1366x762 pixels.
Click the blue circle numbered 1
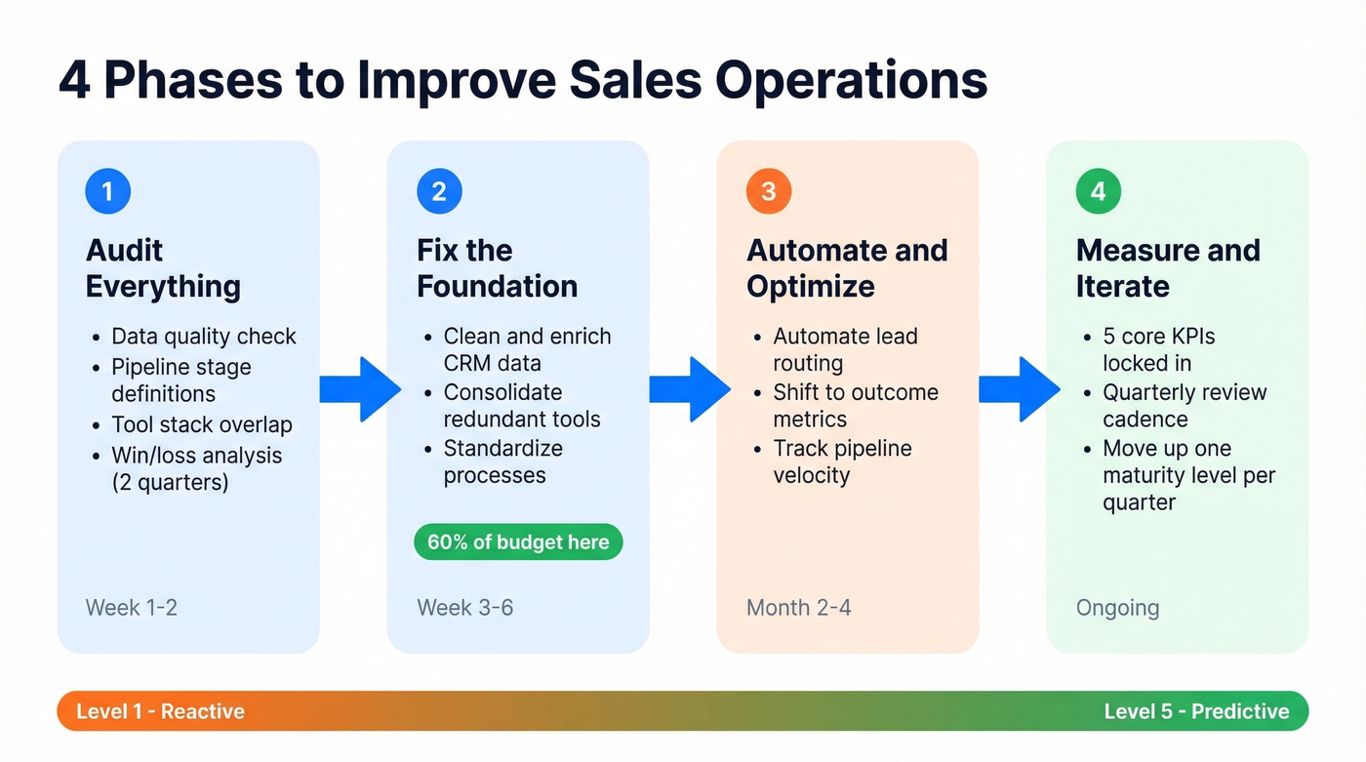coord(107,191)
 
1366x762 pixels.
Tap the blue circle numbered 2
coord(439,191)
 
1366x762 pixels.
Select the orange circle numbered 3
coord(769,191)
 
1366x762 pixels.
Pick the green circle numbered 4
coord(1099,191)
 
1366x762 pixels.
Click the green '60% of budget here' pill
coord(518,542)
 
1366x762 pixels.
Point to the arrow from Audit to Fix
coord(360,389)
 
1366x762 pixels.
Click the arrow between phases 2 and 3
coord(690,389)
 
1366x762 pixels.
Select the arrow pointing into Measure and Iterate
coord(1020,389)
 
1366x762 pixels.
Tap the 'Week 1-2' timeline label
coord(132,608)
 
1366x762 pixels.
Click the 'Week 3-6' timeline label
coord(464,608)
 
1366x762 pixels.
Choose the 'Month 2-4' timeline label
coord(798,608)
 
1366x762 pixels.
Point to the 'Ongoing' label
coord(1117,608)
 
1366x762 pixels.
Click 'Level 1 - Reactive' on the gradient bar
coord(160,711)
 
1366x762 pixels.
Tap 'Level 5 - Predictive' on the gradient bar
coord(1196,711)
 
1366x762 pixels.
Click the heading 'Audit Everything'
coord(163,268)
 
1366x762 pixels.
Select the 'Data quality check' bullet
coord(203,337)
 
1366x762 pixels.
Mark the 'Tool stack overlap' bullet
coord(201,425)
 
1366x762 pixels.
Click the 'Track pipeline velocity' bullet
coord(841,461)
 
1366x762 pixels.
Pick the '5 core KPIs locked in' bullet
coord(1158,349)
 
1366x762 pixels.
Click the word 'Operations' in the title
coord(851,81)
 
